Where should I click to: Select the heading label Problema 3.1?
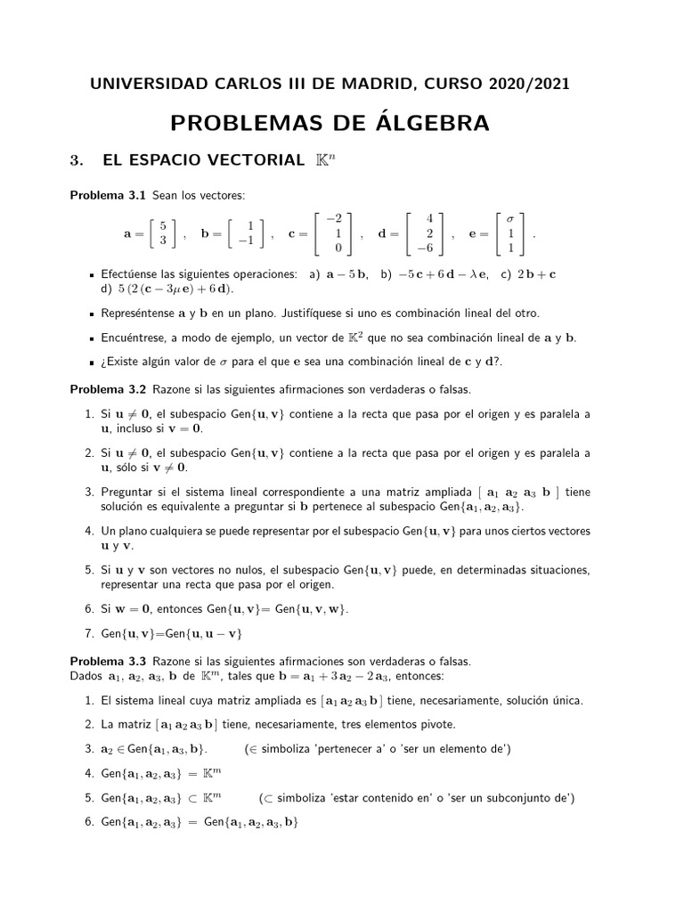pyautogui.click(x=109, y=195)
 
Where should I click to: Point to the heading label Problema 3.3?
pyautogui.click(x=109, y=662)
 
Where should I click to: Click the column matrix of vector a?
pyautogui.click(x=162, y=234)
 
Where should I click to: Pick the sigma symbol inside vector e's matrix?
pyautogui.click(x=510, y=218)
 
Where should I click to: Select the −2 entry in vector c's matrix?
pyautogui.click(x=335, y=218)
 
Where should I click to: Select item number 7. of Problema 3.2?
pyautogui.click(x=90, y=633)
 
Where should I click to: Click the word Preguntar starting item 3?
pyautogui.click(x=130, y=492)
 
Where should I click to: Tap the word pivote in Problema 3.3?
pyautogui.click(x=436, y=724)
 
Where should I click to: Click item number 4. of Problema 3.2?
pyautogui.click(x=90, y=531)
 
